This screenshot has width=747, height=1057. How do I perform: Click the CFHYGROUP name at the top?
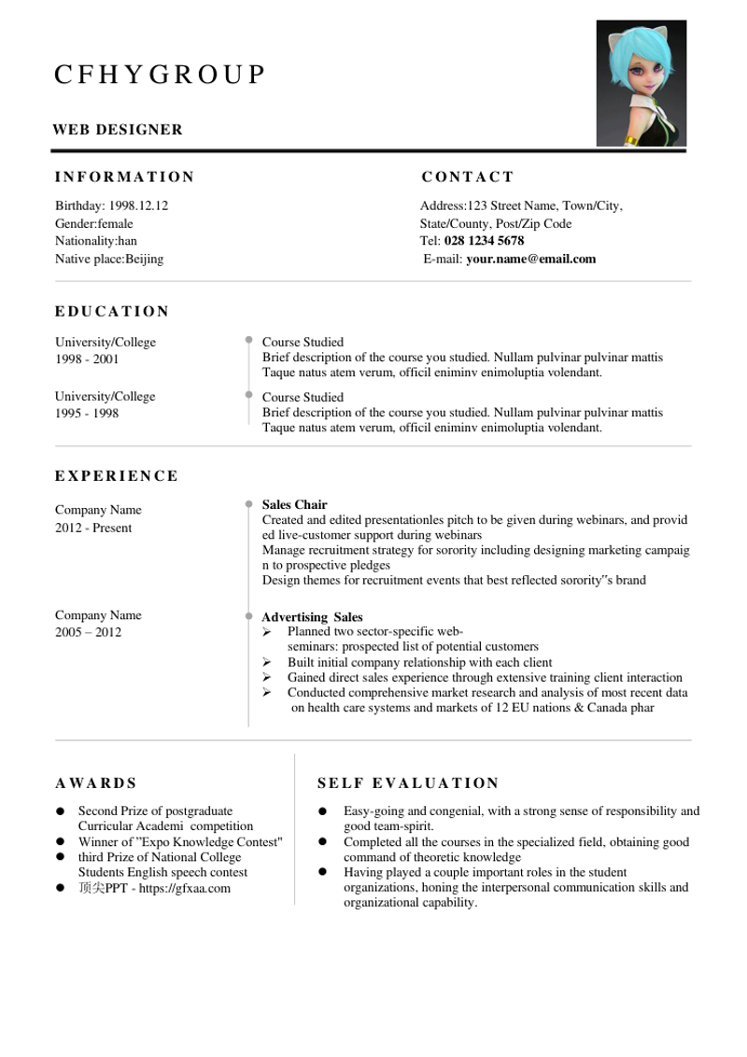click(160, 75)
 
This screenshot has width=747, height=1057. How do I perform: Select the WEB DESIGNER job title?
click(118, 130)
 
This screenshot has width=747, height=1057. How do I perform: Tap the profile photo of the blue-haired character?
click(641, 83)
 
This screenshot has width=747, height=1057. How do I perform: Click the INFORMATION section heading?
click(124, 177)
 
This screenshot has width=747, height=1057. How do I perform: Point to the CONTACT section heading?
click(468, 177)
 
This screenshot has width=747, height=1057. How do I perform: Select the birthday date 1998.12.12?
click(138, 205)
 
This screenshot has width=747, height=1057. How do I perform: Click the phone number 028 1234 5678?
click(484, 241)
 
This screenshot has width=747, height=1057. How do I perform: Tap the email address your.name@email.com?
click(530, 259)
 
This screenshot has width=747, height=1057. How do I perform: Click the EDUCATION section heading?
click(112, 312)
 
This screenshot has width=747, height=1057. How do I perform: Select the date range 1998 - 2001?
click(87, 359)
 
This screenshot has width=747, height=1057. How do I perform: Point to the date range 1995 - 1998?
click(87, 414)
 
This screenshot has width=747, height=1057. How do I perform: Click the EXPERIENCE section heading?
click(117, 476)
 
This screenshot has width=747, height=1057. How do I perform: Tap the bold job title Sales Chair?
click(294, 505)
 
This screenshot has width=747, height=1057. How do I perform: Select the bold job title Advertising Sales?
click(312, 617)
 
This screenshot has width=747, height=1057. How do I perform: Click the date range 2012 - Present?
click(93, 528)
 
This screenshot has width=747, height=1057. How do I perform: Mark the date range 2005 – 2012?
click(88, 632)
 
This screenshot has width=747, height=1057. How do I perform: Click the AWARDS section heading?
click(96, 783)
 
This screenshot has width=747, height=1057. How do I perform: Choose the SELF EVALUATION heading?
click(408, 783)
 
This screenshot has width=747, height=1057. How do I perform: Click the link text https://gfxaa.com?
click(184, 888)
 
